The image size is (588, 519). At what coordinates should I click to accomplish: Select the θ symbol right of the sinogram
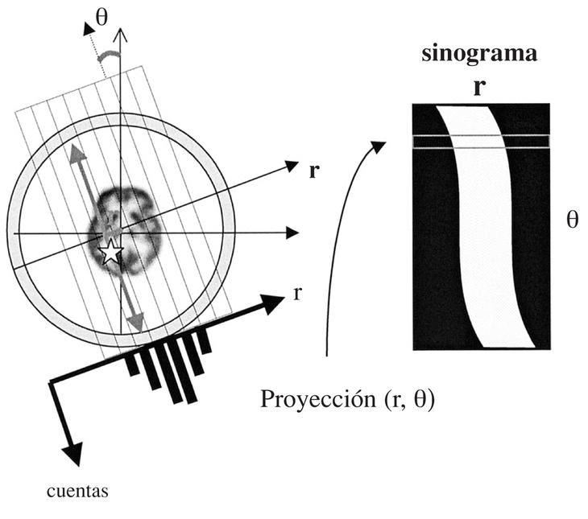click(x=572, y=220)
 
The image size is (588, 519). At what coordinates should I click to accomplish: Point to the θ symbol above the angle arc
click(x=103, y=18)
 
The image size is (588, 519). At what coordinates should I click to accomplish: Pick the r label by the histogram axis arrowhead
click(x=297, y=293)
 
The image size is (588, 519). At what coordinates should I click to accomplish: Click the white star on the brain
click(x=110, y=253)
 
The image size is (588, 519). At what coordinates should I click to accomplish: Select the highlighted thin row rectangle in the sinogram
click(x=481, y=142)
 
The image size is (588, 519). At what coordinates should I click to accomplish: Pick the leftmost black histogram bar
click(x=132, y=366)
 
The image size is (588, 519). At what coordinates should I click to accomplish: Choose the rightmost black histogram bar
click(x=205, y=341)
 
